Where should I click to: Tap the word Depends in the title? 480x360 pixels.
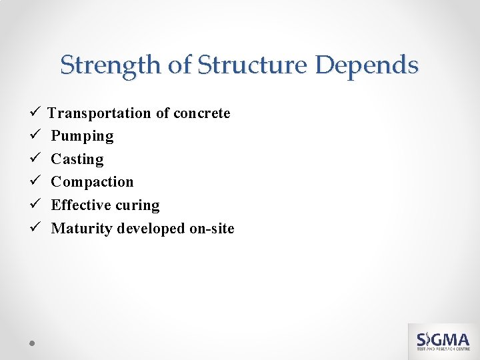pos(367,65)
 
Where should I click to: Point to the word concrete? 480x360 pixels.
pos(202,113)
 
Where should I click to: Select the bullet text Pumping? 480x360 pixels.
pos(82,137)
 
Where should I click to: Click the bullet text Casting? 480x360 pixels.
pos(77,159)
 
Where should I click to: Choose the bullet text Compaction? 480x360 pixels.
pos(92,182)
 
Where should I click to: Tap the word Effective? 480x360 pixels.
pos(81,205)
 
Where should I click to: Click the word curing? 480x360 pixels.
pos(138,205)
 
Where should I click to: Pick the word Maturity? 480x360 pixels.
pos(82,229)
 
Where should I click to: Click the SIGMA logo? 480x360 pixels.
pos(443,341)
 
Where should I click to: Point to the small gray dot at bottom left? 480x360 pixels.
pos(32,343)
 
